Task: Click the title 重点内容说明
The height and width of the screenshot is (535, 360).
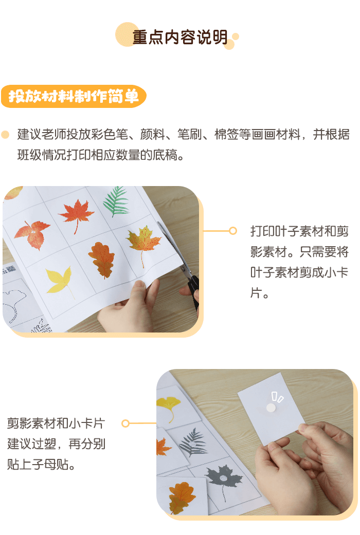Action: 180,38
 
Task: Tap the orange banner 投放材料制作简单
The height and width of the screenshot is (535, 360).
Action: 74,96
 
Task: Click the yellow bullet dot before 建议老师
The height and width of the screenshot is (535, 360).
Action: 6,135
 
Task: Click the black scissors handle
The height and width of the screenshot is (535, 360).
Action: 193,290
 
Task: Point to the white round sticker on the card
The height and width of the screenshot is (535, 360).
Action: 271,408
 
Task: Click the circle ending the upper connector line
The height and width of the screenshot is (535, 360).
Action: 233,231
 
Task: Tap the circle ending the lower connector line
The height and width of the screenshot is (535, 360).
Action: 125,423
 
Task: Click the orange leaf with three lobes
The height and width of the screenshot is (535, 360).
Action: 32,234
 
